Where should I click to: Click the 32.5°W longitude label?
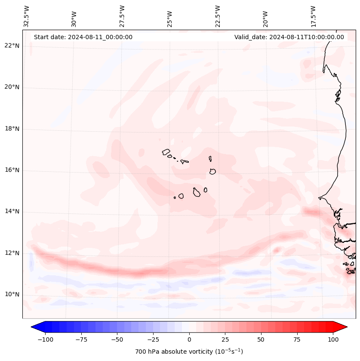click(27, 16)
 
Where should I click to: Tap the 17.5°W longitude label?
click(313, 16)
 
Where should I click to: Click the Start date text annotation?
click(83, 37)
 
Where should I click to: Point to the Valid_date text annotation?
click(289, 37)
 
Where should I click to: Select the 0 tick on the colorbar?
click(189, 339)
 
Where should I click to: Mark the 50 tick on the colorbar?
click(261, 339)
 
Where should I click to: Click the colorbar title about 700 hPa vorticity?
click(189, 352)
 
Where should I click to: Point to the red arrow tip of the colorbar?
click(344, 327)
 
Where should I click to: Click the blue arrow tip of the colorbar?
click(35, 327)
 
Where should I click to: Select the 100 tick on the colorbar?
click(333, 339)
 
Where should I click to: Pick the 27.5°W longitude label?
click(123, 16)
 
